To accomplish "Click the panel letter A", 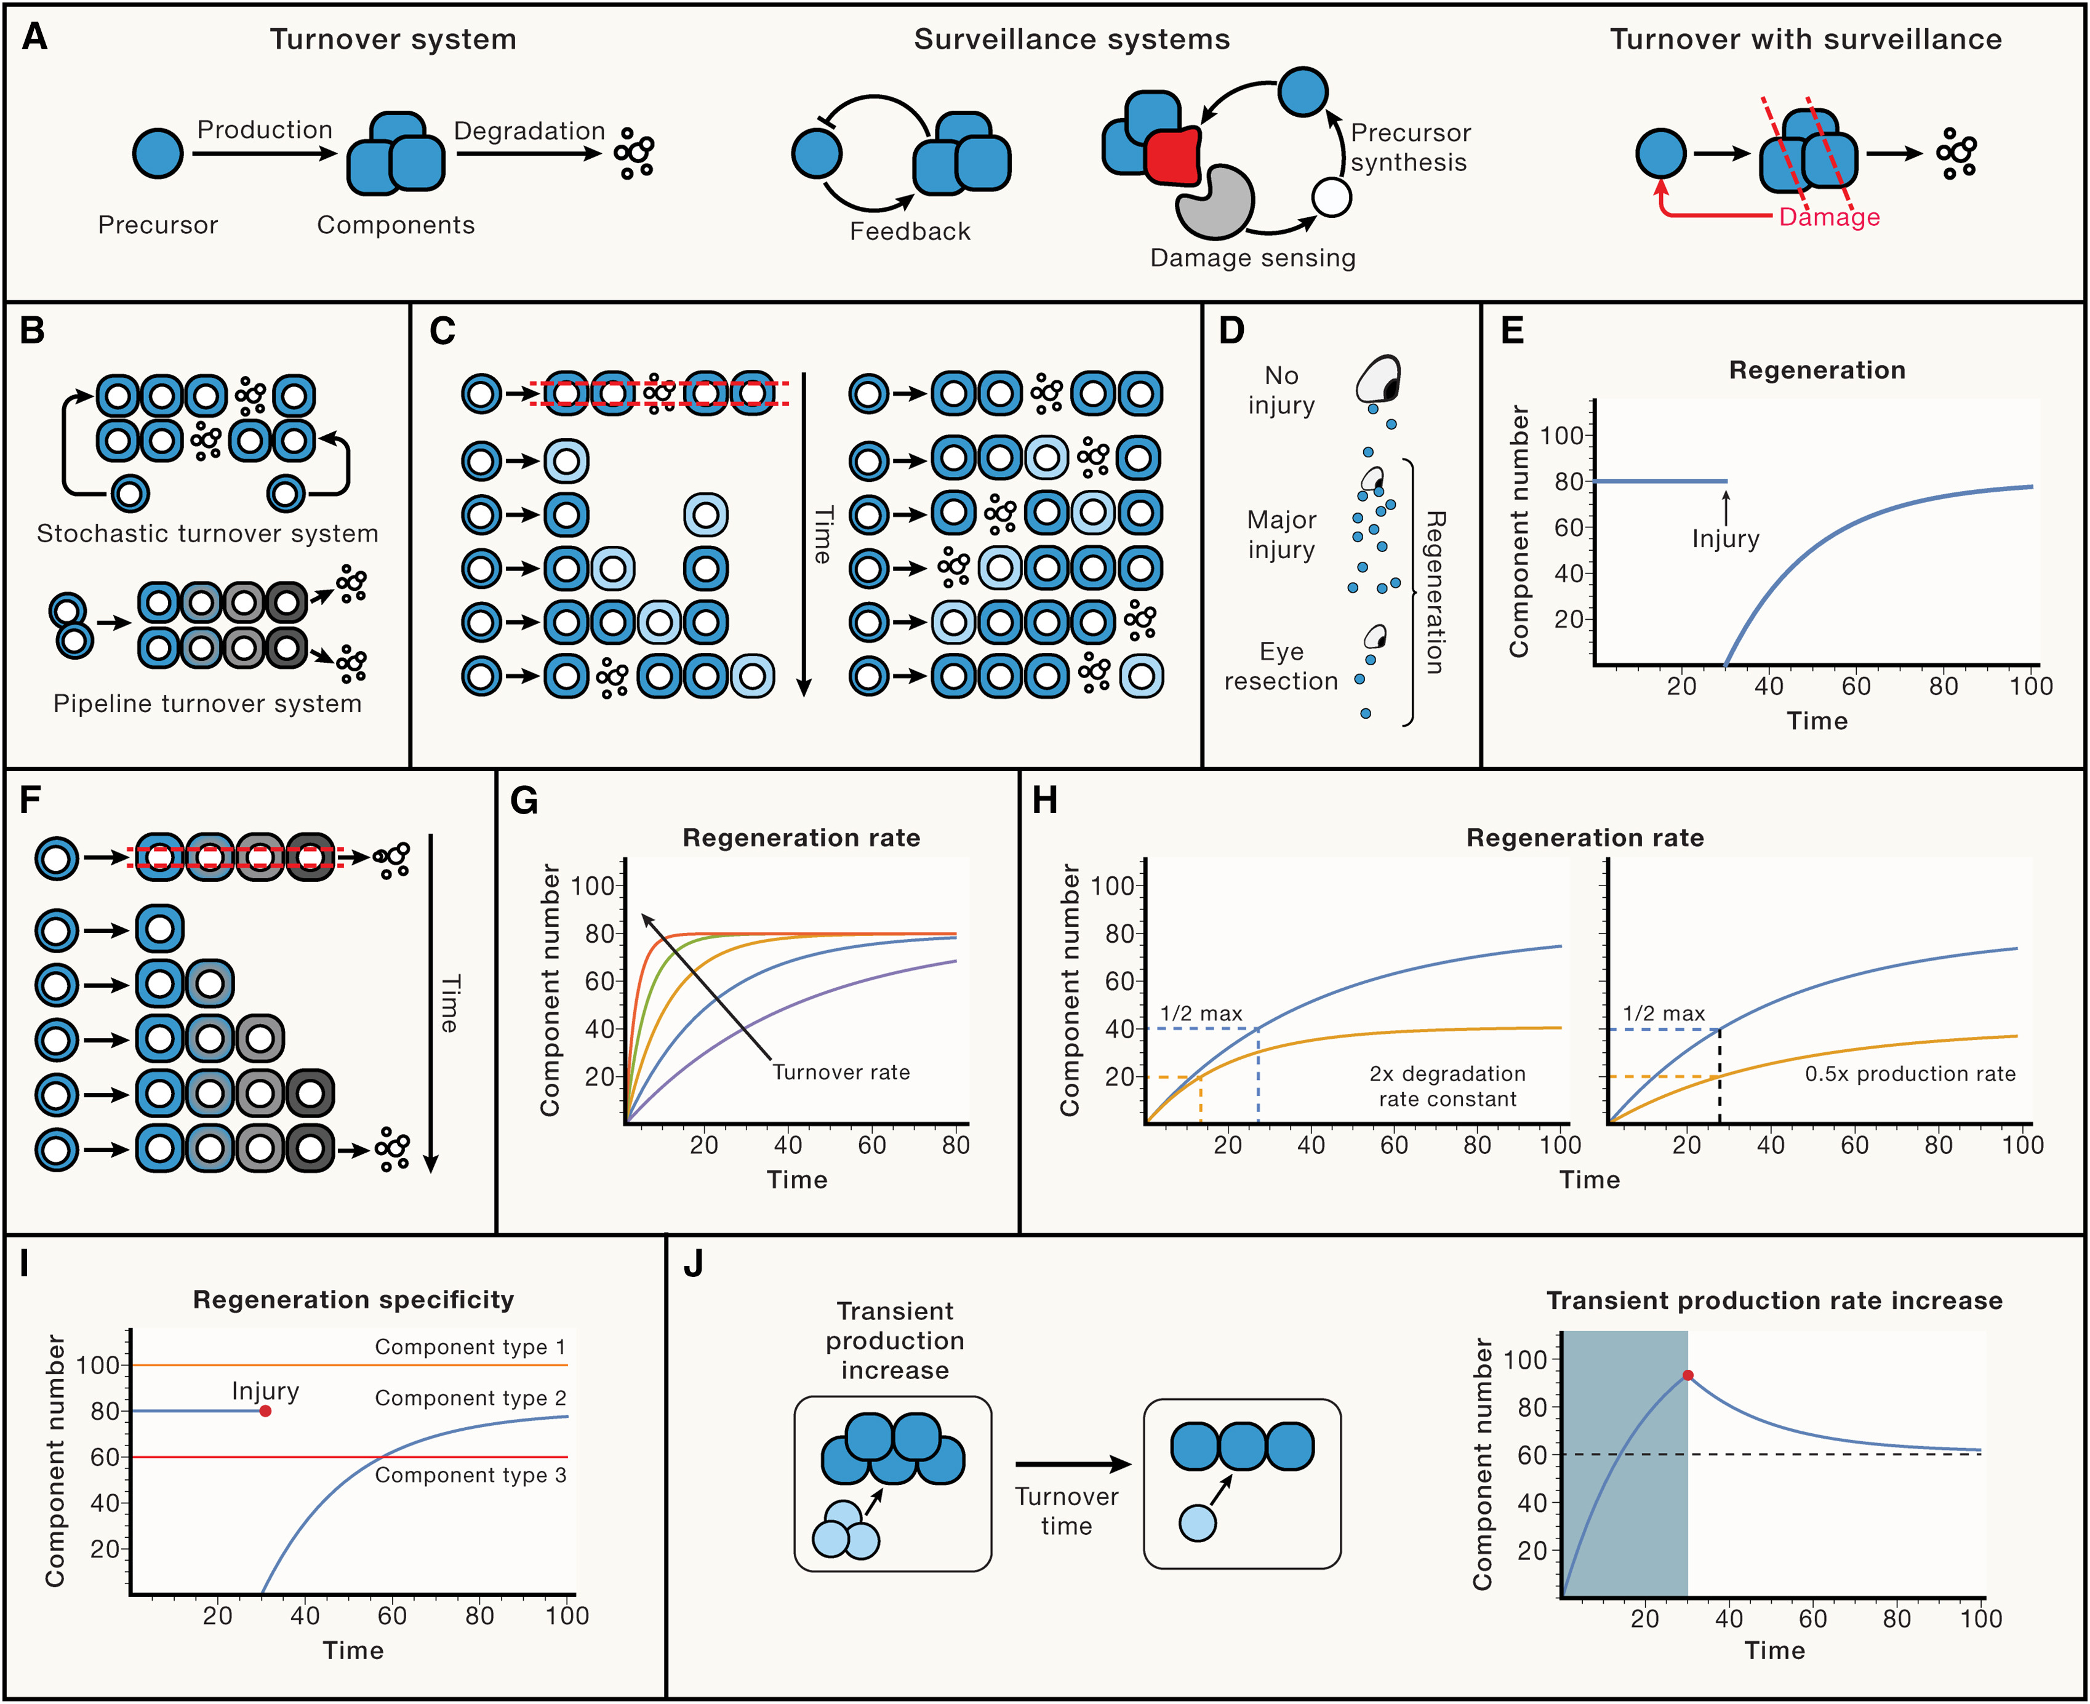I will click(x=34, y=38).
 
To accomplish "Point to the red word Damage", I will click(x=1829, y=217).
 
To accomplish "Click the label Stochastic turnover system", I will click(x=207, y=533).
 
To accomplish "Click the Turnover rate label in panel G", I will click(x=841, y=1072).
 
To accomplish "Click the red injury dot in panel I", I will click(x=265, y=1410).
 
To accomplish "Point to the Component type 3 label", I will click(x=470, y=1474).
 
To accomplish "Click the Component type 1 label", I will click(x=470, y=1346).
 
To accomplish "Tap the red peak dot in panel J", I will click(x=1688, y=1375).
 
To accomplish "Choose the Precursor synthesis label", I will click(x=1410, y=147).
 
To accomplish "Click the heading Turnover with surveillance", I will click(x=1805, y=39).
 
